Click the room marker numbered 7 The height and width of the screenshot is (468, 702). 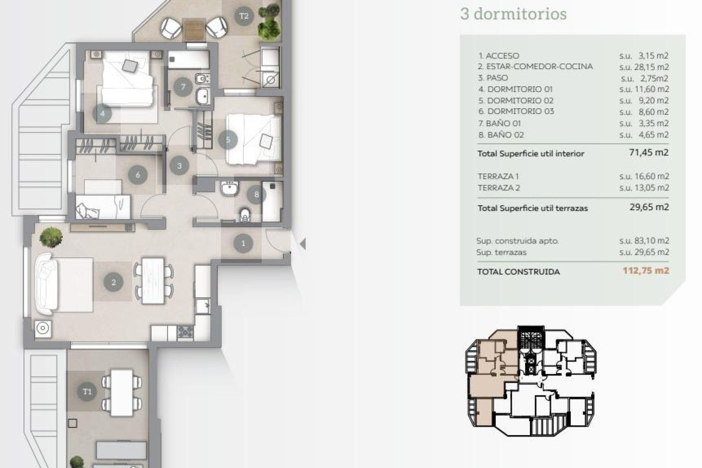click(x=183, y=87)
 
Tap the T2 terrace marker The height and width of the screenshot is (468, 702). click(x=244, y=16)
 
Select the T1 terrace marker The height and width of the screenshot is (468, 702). click(x=87, y=392)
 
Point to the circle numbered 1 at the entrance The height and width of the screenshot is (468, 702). click(x=244, y=243)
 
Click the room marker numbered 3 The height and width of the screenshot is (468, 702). click(x=179, y=166)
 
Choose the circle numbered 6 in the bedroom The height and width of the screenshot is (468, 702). click(x=137, y=175)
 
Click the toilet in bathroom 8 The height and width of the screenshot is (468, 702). click(x=245, y=215)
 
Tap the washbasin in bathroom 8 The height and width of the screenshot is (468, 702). click(x=230, y=189)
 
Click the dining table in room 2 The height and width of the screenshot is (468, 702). click(x=153, y=281)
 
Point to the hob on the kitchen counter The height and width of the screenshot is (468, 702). click(x=185, y=332)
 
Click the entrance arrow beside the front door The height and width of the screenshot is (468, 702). click(x=302, y=244)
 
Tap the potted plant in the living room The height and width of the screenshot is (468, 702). click(x=51, y=237)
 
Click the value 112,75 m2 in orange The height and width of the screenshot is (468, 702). click(x=646, y=271)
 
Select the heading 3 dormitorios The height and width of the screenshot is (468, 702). click(x=513, y=14)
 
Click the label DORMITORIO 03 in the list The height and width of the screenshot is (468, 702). click(x=520, y=111)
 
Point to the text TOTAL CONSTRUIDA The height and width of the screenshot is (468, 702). click(x=518, y=272)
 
